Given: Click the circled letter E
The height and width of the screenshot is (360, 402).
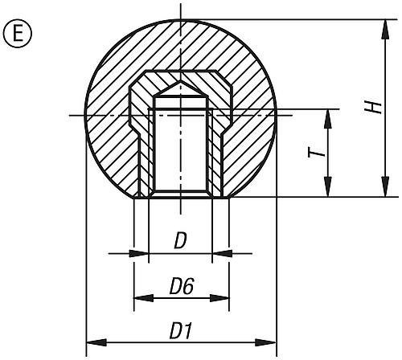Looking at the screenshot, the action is (18, 35).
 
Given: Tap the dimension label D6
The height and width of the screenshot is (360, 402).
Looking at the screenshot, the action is (181, 287).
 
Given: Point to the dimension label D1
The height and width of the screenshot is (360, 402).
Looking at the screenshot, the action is (181, 331).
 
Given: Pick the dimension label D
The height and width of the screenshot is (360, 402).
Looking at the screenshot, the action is (180, 241).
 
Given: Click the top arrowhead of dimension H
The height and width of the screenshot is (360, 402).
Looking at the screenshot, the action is (386, 30).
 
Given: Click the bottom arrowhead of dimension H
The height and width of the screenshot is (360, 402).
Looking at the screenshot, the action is (386, 186).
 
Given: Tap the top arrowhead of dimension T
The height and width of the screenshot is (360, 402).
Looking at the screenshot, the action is (327, 120).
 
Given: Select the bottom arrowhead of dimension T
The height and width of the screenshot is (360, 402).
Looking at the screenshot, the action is (327, 186).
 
